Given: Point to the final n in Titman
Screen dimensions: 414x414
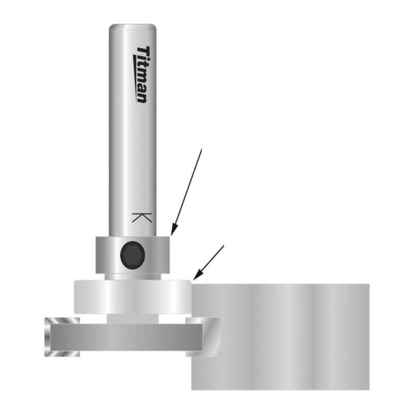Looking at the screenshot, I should tap(141, 98).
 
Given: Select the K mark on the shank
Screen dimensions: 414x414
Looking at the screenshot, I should tap(141, 217).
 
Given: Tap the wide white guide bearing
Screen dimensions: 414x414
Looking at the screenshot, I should tap(132, 297).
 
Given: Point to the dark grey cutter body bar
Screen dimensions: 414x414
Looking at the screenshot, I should tap(124, 337).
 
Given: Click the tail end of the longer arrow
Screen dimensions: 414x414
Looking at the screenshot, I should tap(201, 149).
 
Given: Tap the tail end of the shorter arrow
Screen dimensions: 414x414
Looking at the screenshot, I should tap(224, 246).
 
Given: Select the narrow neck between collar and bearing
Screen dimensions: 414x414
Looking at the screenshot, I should tap(132, 277).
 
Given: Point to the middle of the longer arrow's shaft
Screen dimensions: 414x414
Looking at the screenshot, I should tap(187, 191).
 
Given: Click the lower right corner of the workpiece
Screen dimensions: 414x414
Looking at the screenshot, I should tap(368, 389).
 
